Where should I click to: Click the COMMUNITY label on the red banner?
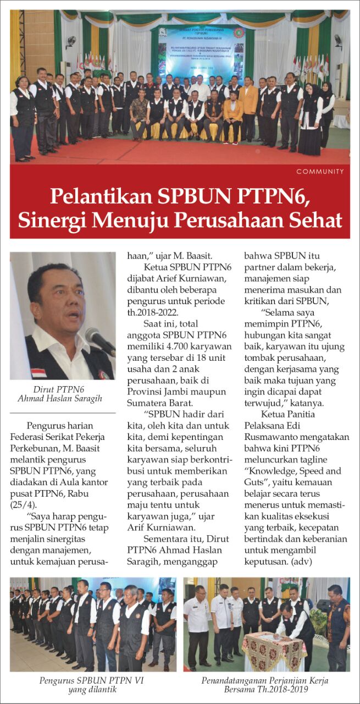320,172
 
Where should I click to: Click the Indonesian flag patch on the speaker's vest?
38,373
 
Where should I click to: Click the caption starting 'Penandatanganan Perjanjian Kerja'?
267,680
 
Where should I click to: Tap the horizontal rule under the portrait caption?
63,413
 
